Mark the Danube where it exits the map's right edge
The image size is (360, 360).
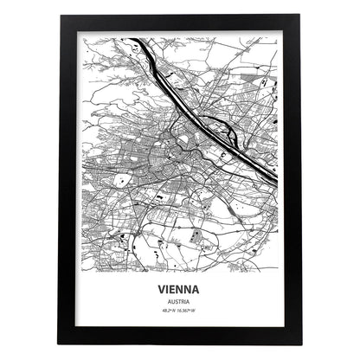(276, 179)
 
